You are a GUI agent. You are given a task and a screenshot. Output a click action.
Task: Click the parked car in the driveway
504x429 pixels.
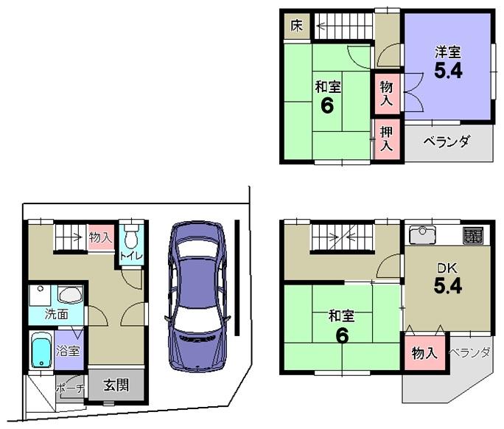[x=196, y=293]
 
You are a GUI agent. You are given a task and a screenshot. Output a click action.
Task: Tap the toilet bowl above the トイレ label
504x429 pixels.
[x=131, y=237]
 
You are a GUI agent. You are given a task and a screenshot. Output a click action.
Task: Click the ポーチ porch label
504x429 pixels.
[x=71, y=389]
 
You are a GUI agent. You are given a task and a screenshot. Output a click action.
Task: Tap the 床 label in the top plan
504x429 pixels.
[x=296, y=27]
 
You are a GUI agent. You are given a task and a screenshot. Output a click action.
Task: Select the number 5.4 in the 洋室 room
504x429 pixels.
[x=447, y=72]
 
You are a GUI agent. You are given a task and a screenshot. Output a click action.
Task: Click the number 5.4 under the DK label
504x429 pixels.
[x=447, y=286]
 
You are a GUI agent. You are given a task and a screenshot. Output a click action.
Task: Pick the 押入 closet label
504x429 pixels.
[x=387, y=138]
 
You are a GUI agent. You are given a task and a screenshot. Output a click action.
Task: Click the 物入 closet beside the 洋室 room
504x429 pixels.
[x=387, y=93]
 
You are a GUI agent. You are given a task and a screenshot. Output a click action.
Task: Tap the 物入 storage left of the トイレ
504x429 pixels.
[x=100, y=237]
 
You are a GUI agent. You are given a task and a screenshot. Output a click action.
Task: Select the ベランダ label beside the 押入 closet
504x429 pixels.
[x=448, y=142]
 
